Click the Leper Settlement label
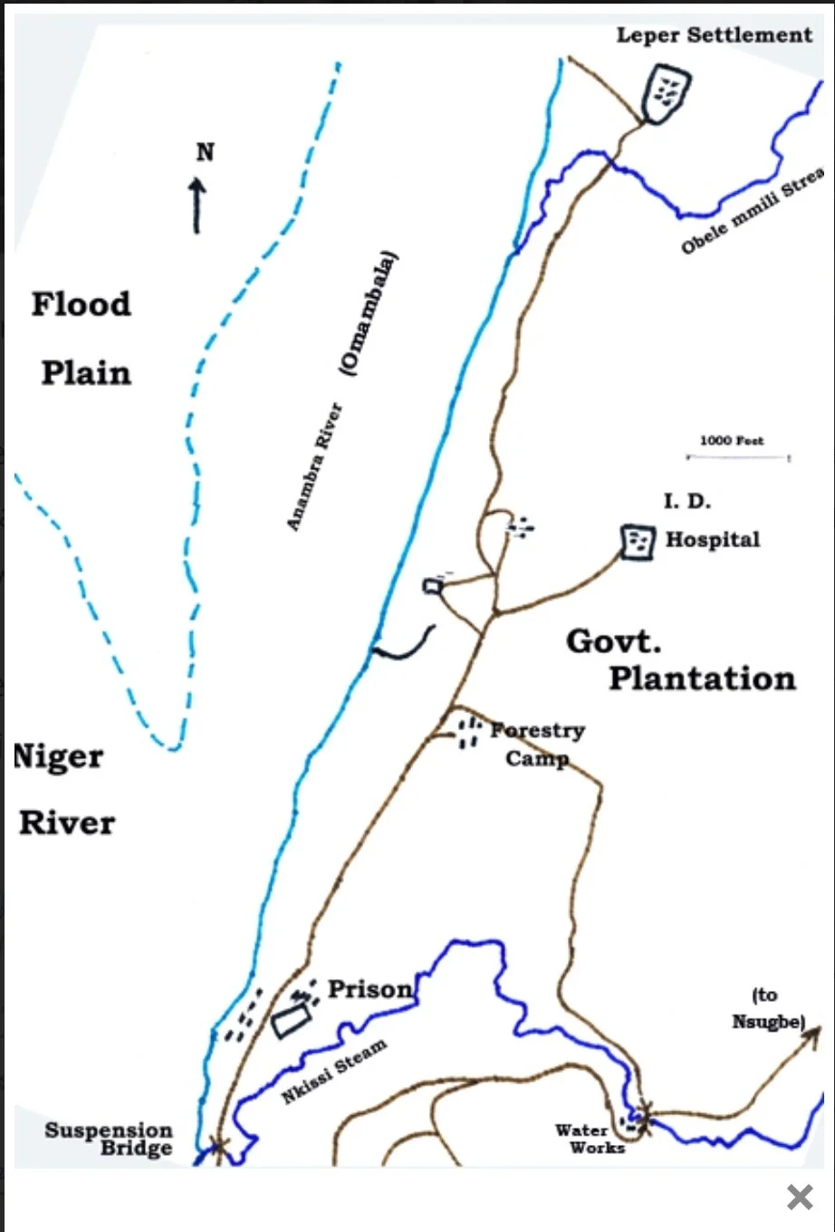click(x=714, y=35)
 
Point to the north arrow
click(x=197, y=205)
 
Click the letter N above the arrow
click(x=206, y=152)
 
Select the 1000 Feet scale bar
click(x=737, y=457)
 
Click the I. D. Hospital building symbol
click(x=638, y=542)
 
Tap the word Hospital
click(x=713, y=540)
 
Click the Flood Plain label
click(x=82, y=338)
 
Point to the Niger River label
click(x=63, y=790)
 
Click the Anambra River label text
click(x=314, y=467)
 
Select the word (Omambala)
click(x=370, y=313)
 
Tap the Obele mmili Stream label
click(x=753, y=211)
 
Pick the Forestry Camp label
click(x=538, y=744)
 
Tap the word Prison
click(x=370, y=989)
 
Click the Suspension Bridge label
click(x=109, y=1140)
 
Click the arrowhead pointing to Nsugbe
click(x=816, y=1031)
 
